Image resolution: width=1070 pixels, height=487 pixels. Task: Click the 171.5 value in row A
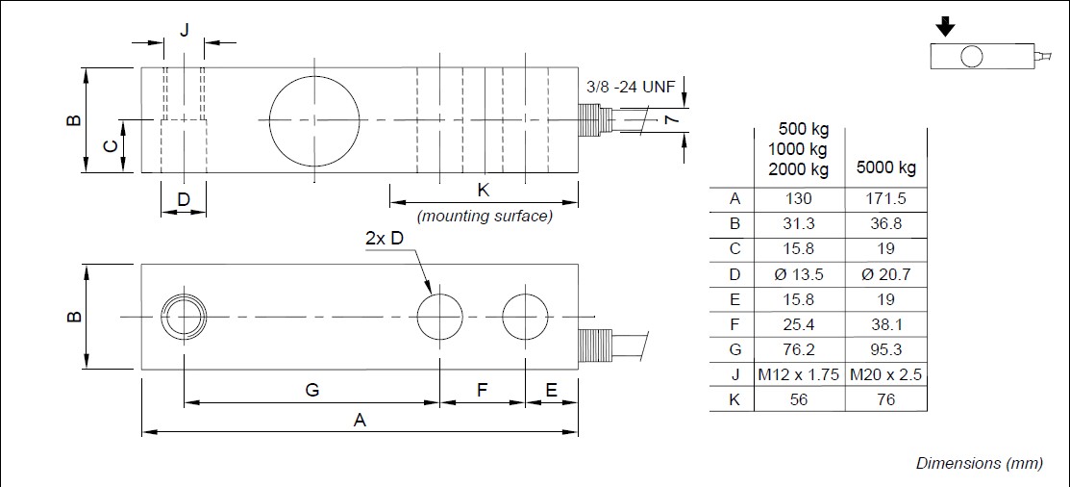click(885, 199)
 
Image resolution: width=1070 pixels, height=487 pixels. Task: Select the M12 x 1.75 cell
click(799, 374)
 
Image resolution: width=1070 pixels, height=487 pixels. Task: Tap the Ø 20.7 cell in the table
click(885, 274)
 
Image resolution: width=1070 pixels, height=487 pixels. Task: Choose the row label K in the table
click(734, 399)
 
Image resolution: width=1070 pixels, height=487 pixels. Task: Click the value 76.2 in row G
click(799, 349)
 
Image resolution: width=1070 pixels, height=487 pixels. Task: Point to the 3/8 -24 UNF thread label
click(631, 87)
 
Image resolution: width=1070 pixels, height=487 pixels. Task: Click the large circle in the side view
click(314, 119)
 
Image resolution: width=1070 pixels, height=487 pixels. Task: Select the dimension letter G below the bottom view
click(311, 390)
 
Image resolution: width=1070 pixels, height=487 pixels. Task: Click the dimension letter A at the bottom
click(361, 421)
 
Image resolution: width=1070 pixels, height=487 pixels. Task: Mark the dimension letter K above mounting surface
click(483, 190)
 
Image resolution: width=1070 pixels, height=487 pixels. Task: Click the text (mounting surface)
click(484, 217)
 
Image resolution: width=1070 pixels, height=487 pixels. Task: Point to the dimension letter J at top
click(185, 29)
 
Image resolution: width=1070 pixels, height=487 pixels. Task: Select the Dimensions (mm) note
click(979, 463)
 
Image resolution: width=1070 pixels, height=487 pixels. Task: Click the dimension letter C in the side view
click(111, 146)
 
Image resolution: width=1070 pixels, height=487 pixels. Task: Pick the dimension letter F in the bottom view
click(482, 390)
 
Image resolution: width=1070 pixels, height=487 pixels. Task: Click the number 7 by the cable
click(672, 117)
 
